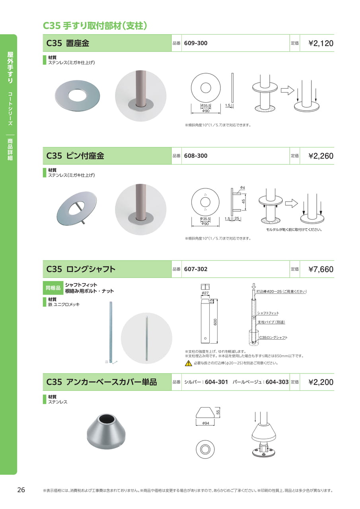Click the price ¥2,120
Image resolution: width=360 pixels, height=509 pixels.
pos(321,43)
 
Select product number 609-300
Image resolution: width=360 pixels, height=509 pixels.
pos(196,43)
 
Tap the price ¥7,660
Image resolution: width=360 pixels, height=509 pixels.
pos(321,269)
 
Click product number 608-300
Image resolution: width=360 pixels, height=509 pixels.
pos(196,156)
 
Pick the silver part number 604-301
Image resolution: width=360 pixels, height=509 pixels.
pos(216,382)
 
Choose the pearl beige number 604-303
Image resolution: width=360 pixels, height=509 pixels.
pos(277,382)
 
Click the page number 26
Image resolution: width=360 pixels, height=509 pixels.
pos(21,490)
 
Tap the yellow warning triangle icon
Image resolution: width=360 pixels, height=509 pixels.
pos(189,363)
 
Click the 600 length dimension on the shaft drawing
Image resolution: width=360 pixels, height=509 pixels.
pos(216,322)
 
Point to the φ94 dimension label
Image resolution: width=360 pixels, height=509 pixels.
pos(205,423)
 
